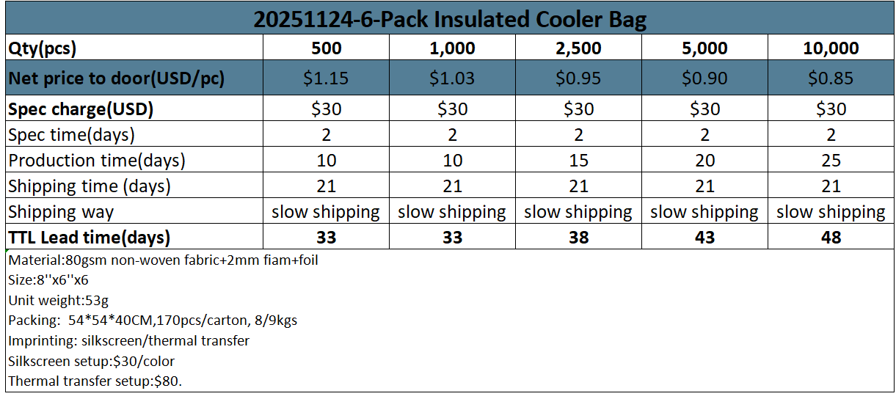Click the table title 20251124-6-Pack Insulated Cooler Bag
[x=450, y=18]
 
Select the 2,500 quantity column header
[x=578, y=48]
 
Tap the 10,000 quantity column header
[x=831, y=48]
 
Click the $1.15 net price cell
[x=326, y=78]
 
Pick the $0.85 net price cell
[x=831, y=78]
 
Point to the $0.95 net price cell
[x=578, y=78]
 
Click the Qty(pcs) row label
[x=43, y=48]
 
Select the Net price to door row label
[x=116, y=78]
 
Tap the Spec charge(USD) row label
[x=81, y=109]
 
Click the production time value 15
[x=578, y=161]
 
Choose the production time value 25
[x=831, y=161]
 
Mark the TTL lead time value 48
[x=831, y=238]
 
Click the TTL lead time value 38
[x=578, y=238]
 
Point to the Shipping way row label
[x=61, y=212]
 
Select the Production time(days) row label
[x=97, y=161]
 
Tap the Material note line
[x=163, y=260]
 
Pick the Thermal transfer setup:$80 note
[x=95, y=381]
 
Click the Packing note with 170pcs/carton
[x=153, y=321]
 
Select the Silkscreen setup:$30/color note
[x=91, y=361]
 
